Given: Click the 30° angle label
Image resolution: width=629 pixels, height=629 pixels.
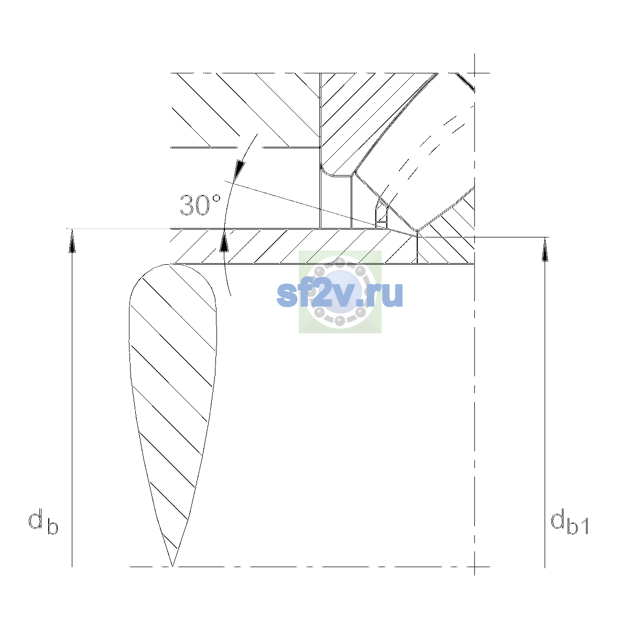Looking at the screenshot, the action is (200, 205).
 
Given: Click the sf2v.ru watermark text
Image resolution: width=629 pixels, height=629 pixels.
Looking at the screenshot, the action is (340, 294).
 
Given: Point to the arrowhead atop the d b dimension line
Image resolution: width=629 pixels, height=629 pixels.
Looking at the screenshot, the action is (72, 241).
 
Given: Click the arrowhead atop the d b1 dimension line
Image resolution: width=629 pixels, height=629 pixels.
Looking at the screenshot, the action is (545, 250).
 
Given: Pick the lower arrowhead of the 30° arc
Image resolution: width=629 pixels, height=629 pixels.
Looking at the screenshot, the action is (224, 241).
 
